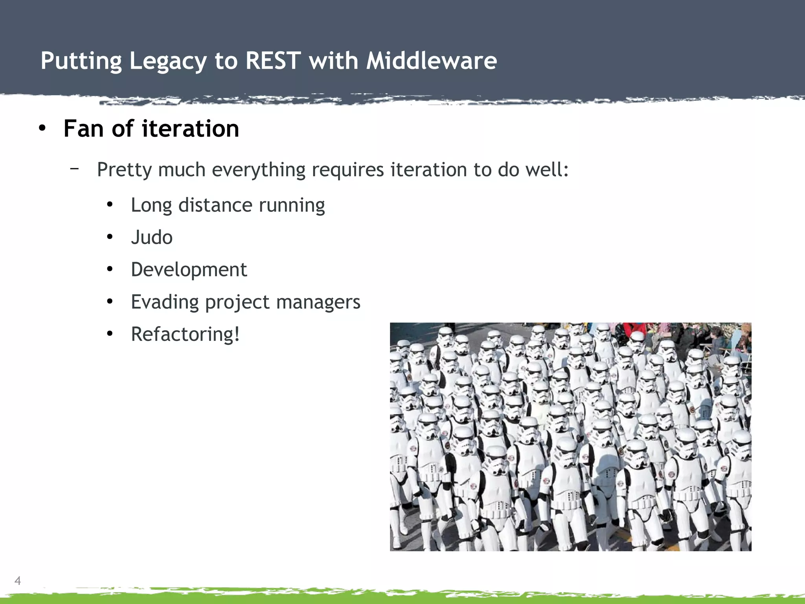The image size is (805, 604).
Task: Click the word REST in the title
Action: (273, 61)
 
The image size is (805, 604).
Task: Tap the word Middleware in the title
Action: (431, 61)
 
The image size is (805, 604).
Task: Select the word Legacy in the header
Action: (168, 62)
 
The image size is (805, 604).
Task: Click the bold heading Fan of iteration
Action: (151, 129)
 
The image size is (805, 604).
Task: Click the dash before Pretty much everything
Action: (74, 169)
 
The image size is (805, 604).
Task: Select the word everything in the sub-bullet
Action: (258, 170)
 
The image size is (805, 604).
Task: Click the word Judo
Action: (152, 238)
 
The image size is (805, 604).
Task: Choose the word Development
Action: (189, 270)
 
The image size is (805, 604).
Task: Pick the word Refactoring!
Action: (185, 334)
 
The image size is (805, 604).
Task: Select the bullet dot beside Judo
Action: (110, 237)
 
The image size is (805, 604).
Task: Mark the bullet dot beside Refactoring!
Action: (110, 334)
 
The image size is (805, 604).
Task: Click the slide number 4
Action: (18, 580)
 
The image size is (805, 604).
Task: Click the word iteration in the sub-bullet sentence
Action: (428, 169)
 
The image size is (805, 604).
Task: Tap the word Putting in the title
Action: (81, 62)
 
